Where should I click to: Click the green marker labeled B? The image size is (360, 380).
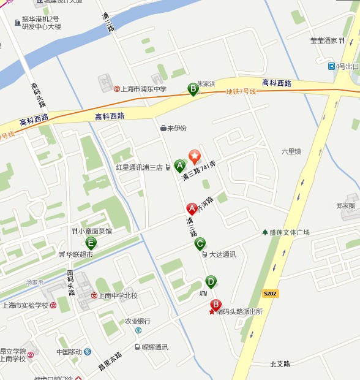pyautogui.click(x=193, y=89)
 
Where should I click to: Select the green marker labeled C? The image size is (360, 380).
pyautogui.click(x=200, y=243)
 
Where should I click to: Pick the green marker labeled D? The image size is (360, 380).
pyautogui.click(x=211, y=282)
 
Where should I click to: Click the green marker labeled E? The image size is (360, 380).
pyautogui.click(x=91, y=242)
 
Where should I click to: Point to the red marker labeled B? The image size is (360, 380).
pyautogui.click(x=216, y=305)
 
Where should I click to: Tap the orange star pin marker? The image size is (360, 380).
pyautogui.click(x=194, y=156)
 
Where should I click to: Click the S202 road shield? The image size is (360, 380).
pyautogui.click(x=270, y=294)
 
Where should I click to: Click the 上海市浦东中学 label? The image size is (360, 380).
pyautogui.click(x=144, y=89)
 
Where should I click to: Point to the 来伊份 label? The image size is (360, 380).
pyautogui.click(x=177, y=128)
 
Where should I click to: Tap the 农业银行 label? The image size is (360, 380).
pyautogui.click(x=138, y=321)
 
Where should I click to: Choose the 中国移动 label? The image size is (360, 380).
pyautogui.click(x=69, y=352)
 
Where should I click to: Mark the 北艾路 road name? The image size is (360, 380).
pyautogui.click(x=280, y=363)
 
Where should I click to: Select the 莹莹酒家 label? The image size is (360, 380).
pyautogui.click(x=324, y=41)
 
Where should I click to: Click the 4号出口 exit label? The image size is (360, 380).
pyautogui.click(x=347, y=66)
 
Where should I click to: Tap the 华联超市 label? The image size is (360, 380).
pyautogui.click(x=80, y=254)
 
